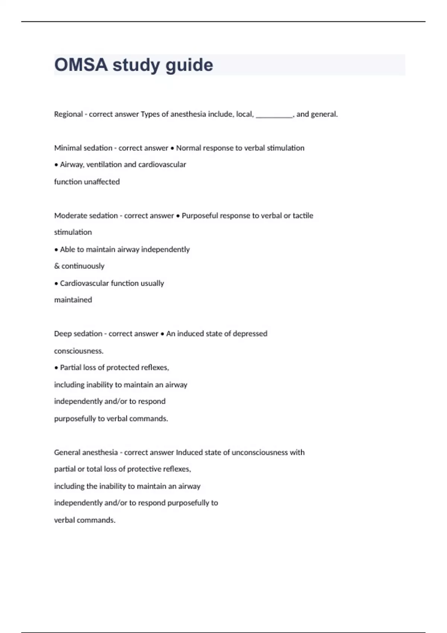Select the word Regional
point(69,114)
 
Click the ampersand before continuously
point(57,266)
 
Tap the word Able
point(67,249)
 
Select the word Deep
point(61,334)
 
